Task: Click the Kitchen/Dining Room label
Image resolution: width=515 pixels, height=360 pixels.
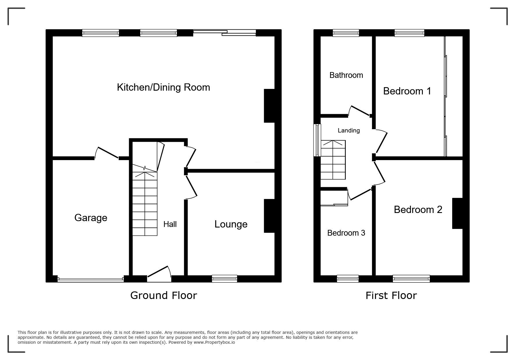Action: [163, 87]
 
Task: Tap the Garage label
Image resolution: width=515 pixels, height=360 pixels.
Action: [91, 218]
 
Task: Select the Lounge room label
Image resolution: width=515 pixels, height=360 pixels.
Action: [231, 224]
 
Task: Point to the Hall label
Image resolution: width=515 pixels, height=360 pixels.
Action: [170, 224]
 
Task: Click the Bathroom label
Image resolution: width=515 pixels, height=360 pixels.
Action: [346, 75]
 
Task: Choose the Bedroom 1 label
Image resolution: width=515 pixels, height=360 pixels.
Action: [407, 91]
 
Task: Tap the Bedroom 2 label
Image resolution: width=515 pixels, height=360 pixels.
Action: [418, 209]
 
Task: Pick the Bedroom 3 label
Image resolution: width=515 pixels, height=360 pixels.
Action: [346, 233]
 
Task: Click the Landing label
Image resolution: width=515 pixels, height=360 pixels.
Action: [349, 130]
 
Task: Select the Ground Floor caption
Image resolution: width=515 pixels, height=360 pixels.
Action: [163, 295]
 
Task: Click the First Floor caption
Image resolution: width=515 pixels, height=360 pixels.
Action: [391, 295]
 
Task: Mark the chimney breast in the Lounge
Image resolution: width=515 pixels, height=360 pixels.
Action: [269, 216]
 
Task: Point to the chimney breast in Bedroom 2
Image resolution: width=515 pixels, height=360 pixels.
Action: [457, 213]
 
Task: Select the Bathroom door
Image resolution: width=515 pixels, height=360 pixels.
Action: [360, 111]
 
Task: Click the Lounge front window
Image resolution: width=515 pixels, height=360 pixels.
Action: [224, 279]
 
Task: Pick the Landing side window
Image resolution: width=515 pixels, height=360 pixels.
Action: [317, 140]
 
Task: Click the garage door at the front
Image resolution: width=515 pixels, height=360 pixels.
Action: [91, 280]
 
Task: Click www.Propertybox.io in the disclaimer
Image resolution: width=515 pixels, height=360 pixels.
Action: [214, 342]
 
